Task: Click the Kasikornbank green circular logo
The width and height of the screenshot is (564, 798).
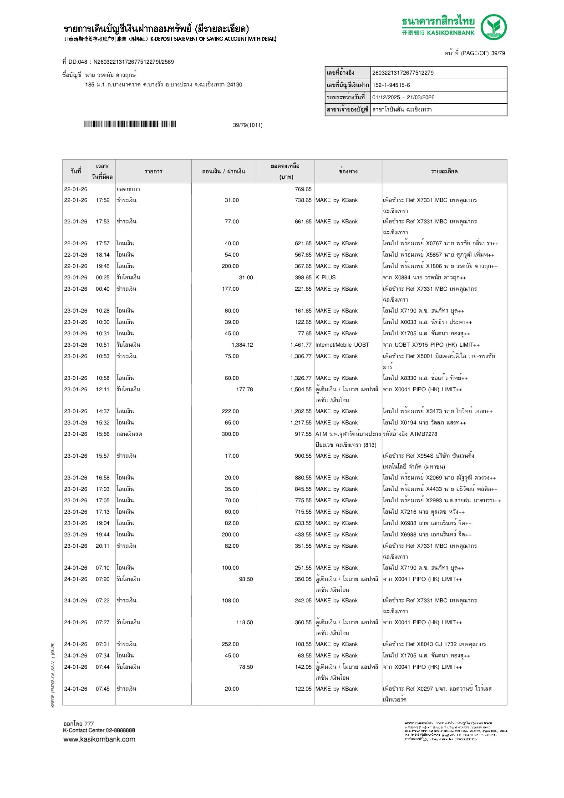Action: coord(494,27)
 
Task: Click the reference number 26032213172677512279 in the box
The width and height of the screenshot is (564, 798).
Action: coord(403,73)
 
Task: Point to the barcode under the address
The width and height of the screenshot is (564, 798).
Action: coord(130,124)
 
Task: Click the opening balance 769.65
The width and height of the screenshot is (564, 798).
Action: coord(303,189)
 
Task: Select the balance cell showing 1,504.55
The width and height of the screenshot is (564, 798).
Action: coord(301,389)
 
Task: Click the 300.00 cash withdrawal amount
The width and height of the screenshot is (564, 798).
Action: coord(230,434)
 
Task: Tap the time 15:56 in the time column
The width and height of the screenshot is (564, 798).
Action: coord(102,434)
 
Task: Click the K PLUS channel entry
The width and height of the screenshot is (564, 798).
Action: coord(325,278)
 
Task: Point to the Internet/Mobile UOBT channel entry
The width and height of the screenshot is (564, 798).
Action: coord(342,345)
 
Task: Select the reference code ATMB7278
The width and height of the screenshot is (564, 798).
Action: coord(423,434)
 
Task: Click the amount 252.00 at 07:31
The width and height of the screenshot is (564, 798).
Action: coord(230,644)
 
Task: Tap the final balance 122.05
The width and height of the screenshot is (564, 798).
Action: coord(303,689)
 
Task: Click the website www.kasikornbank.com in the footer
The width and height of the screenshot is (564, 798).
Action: coord(99,739)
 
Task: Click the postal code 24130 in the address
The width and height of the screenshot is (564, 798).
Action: coord(234,85)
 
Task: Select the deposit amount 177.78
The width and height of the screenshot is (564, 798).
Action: coord(244,389)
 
